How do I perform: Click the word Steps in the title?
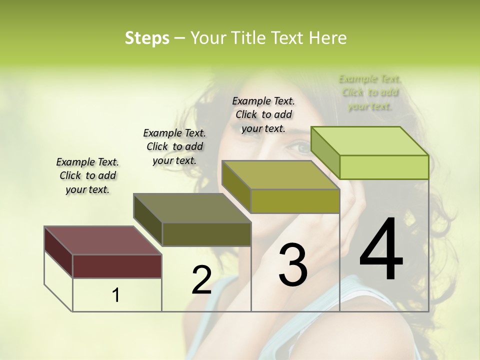pos(146,38)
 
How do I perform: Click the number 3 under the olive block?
pos(292,265)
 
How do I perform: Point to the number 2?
pos(201,280)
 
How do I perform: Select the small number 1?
pos(116,295)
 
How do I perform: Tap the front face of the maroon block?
pos(117,266)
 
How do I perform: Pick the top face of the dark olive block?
pos(192,207)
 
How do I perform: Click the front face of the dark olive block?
pos(206,234)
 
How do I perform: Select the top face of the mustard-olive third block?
pos(280,175)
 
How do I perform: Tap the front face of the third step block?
pos(295,201)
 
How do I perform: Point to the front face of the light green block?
pos(384,167)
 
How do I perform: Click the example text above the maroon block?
pos(87,175)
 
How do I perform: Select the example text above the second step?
pos(174,146)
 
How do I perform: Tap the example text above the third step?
pos(263,114)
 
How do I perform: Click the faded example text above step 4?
pos(370,92)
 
